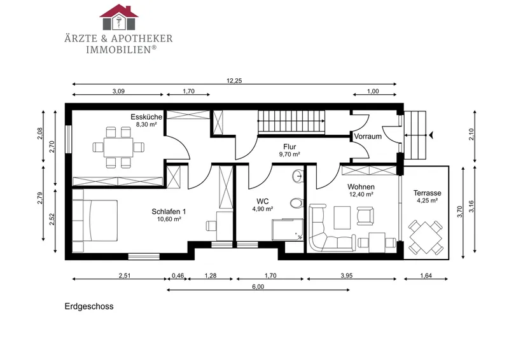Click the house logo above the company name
tap(119, 17)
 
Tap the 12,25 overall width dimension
tap(234, 81)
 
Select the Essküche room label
tap(146, 117)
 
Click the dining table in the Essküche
tap(118, 148)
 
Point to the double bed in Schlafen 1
tap(94, 221)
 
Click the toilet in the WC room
tap(296, 204)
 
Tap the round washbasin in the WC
tap(298, 176)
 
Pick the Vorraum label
tap(368, 136)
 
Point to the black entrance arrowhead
tap(431, 135)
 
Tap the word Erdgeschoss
tap(89, 307)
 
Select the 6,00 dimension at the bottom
tap(258, 287)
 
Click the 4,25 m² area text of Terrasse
tap(428, 200)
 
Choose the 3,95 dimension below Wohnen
tap(347, 275)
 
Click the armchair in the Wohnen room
tap(365, 216)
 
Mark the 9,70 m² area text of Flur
tap(289, 154)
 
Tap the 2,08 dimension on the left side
tap(40, 134)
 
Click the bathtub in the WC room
tap(288, 230)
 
